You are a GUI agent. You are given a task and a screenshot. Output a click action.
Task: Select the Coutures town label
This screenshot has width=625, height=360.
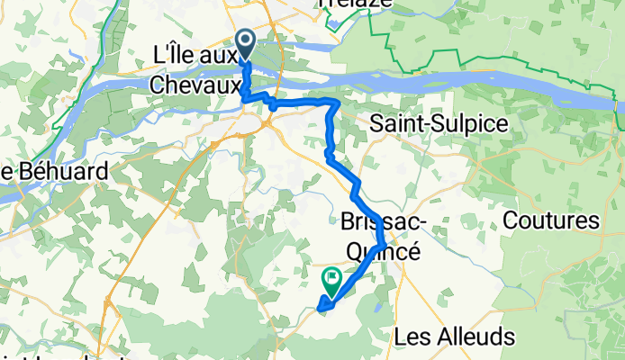coord(551,220)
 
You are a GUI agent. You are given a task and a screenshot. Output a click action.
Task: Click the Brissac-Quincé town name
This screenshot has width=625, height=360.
coord(382,236)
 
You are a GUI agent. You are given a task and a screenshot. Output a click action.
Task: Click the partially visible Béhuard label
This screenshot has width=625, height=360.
coord(54,171)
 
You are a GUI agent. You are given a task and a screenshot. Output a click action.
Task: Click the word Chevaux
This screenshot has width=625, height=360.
coord(197,85)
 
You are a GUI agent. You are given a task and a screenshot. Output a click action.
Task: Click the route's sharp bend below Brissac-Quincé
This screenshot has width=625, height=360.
coord(385,245)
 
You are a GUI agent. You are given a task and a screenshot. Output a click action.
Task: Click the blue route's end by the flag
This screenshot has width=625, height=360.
coord(322,312)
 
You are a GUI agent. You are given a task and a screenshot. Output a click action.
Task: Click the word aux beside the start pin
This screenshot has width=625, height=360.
coord(222,55)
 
